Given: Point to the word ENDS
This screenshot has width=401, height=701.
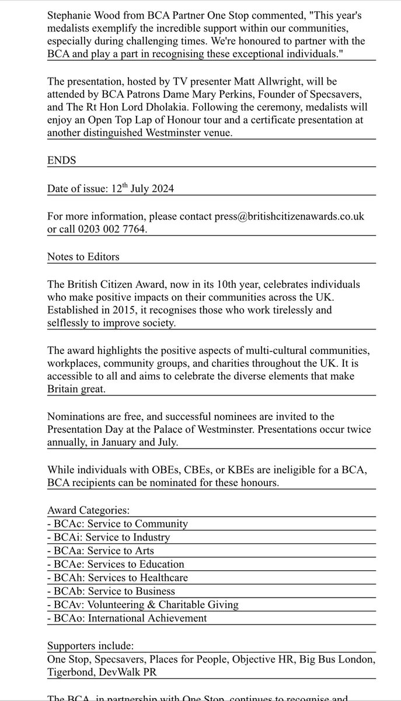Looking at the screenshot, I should (x=62, y=160).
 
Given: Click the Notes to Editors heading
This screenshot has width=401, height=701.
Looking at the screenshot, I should (x=84, y=256).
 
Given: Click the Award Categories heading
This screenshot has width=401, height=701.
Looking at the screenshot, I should (x=88, y=510).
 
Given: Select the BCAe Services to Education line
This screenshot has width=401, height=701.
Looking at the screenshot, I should (x=116, y=564).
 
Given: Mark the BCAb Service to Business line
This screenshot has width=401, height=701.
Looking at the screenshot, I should (x=110, y=591).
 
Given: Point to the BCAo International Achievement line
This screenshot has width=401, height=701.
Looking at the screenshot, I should (x=127, y=618).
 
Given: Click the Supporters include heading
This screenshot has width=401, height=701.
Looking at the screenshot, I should (x=92, y=646).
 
